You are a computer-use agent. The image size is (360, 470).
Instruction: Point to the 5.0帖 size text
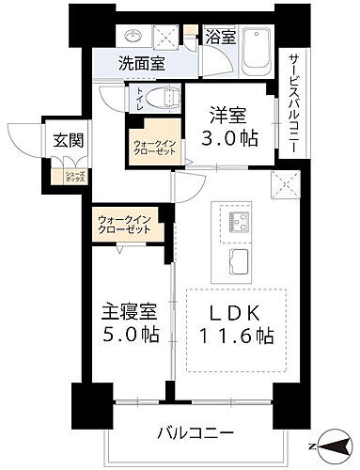(x=125, y=335)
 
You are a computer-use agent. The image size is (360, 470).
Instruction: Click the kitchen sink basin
(x=237, y=259)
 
